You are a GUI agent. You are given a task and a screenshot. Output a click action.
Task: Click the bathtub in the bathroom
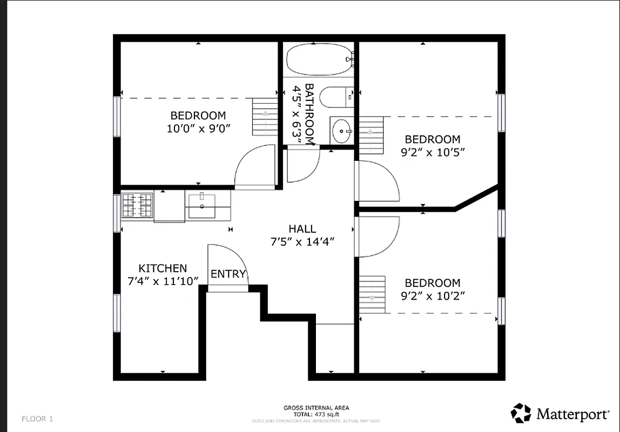(319, 59)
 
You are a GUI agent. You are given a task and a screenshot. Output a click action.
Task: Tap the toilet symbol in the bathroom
(335, 98)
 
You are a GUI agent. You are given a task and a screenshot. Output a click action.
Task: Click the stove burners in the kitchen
(137, 205)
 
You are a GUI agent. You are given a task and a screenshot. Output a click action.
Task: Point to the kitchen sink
(201, 206)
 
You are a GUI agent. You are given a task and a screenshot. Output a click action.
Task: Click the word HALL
(302, 230)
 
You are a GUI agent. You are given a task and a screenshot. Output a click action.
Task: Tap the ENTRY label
(228, 274)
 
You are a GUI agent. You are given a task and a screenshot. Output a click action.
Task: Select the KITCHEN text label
(163, 268)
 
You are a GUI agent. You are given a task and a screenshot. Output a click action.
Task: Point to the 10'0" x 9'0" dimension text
(198, 129)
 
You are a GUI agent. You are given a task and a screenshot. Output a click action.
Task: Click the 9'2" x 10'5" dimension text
(433, 152)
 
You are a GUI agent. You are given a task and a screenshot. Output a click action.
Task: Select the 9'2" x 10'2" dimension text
(433, 296)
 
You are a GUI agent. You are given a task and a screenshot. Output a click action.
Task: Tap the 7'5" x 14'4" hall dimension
(302, 242)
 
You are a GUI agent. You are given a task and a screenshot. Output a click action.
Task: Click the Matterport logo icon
(521, 413)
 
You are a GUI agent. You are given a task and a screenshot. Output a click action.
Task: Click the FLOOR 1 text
(37, 418)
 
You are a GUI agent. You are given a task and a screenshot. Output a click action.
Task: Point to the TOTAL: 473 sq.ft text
(316, 414)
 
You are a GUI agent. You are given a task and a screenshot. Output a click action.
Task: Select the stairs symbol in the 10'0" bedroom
(265, 117)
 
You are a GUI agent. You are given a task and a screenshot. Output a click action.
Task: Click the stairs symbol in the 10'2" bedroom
(372, 294)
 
